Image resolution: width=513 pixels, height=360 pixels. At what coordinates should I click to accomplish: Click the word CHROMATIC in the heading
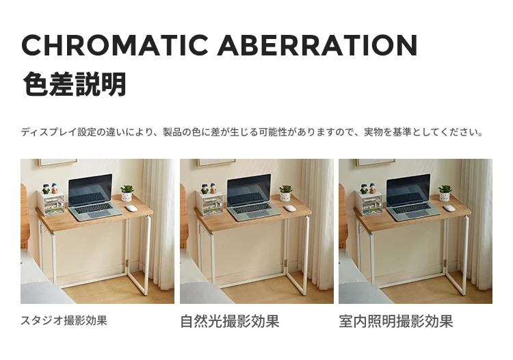(x=115, y=45)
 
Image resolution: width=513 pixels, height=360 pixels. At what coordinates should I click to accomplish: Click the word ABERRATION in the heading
(x=317, y=45)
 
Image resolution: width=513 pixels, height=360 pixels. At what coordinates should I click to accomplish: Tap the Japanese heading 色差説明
(x=75, y=84)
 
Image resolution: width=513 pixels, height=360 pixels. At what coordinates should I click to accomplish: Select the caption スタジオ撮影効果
(x=64, y=320)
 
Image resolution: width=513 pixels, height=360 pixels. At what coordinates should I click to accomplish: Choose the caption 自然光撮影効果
(x=230, y=322)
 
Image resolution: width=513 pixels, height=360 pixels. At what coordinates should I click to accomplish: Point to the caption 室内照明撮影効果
(x=396, y=322)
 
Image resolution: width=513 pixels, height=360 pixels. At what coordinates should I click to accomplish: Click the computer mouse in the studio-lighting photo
(x=131, y=208)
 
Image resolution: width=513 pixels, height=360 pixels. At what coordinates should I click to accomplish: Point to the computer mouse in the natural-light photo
(x=290, y=208)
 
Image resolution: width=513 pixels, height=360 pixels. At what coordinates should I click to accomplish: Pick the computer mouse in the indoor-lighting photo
(x=449, y=208)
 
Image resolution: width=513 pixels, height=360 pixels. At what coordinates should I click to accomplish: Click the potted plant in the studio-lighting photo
(x=127, y=193)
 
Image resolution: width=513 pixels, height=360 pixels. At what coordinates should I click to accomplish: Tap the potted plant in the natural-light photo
(x=285, y=193)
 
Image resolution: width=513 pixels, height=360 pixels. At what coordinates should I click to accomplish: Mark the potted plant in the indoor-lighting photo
(x=445, y=193)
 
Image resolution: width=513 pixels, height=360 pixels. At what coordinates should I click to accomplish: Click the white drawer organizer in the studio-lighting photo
(x=51, y=203)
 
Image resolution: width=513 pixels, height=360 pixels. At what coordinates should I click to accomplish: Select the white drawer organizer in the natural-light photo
(x=209, y=203)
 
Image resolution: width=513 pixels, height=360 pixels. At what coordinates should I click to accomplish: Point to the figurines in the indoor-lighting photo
(x=368, y=188)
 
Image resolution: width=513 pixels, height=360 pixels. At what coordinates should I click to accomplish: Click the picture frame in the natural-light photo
(x=217, y=163)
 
